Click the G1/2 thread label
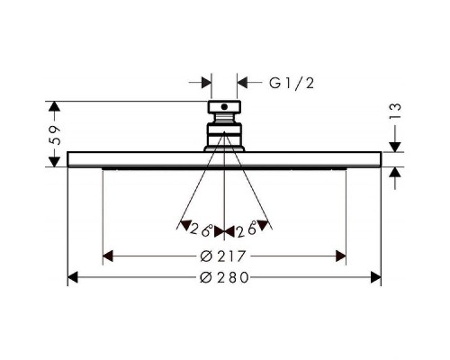tap(292, 83)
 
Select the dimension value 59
tap(56, 135)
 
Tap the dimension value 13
tap(396, 112)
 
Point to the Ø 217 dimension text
tap(223, 256)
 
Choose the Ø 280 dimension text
tap(224, 277)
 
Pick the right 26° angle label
tap(247, 230)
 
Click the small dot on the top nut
tap(224, 106)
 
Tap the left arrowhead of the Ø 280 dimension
tap(73, 277)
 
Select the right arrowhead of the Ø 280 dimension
tap(376, 277)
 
